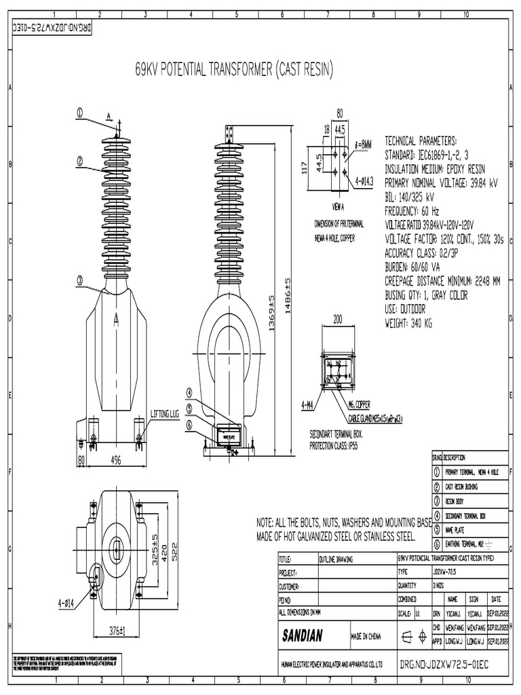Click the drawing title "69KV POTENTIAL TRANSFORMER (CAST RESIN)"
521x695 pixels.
[x=233, y=70]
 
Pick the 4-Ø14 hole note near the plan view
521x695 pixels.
[x=68, y=602]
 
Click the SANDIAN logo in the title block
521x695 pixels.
[x=307, y=636]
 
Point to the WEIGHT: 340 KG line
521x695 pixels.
[x=408, y=324]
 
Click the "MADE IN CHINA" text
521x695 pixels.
[x=366, y=637]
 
